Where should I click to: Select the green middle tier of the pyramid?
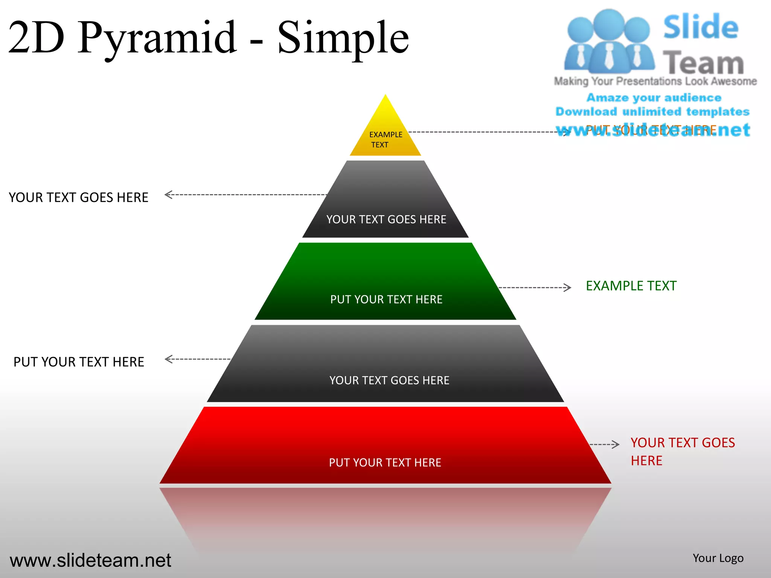(x=385, y=282)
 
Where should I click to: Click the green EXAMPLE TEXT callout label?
(x=631, y=286)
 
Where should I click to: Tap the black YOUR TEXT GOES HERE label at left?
(x=78, y=198)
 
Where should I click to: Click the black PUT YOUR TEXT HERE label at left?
(x=79, y=362)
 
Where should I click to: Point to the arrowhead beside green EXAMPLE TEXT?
(x=568, y=288)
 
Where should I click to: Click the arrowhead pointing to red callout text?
(x=616, y=444)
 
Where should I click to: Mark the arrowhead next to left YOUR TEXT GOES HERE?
(x=168, y=195)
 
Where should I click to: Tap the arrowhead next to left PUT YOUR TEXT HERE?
(x=168, y=359)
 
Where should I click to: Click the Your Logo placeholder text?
(x=718, y=558)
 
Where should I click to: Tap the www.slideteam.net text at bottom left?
(x=90, y=560)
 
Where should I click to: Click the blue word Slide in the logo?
(x=701, y=27)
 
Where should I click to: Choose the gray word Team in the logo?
(x=703, y=62)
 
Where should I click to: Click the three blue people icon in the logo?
(x=609, y=41)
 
